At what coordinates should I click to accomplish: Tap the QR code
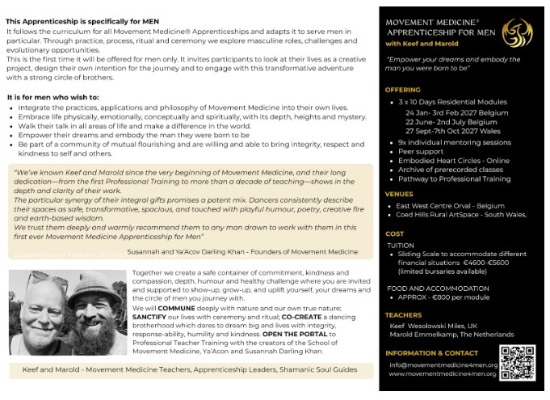[x=517, y=360]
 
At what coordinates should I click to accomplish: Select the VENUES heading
[x=399, y=194]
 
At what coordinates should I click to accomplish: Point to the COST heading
[x=395, y=234]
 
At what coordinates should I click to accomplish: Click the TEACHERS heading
[x=404, y=315]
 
